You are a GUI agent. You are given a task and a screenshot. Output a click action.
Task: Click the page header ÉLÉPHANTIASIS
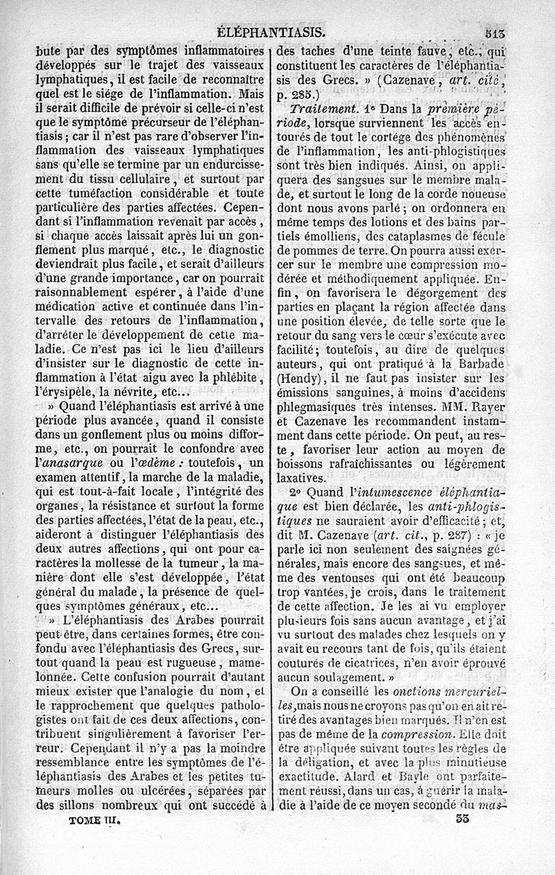pyautogui.click(x=272, y=31)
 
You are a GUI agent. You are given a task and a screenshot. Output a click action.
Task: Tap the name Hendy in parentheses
pyautogui.click(x=302, y=379)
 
